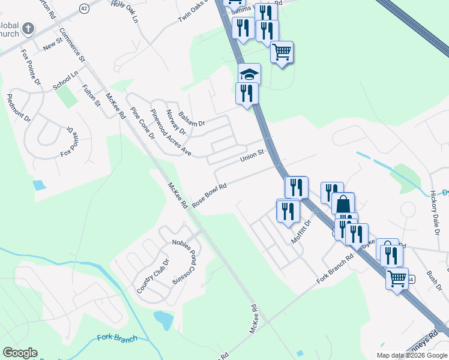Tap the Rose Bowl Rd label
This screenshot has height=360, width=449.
pyautogui.click(x=209, y=194)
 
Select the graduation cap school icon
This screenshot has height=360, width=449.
pyautogui.click(x=249, y=74)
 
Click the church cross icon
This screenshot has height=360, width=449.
pyautogui.click(x=28, y=28)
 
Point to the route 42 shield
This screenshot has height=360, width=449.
pyautogui.click(x=83, y=8)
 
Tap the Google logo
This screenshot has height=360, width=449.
pyautogui.click(x=20, y=353)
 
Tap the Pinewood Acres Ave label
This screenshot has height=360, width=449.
pyautogui.click(x=170, y=133)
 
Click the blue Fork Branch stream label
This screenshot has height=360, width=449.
pyautogui.click(x=117, y=338)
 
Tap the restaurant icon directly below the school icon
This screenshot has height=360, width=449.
pyautogui.click(x=247, y=94)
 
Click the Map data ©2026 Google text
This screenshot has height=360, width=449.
pyautogui.click(x=412, y=355)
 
